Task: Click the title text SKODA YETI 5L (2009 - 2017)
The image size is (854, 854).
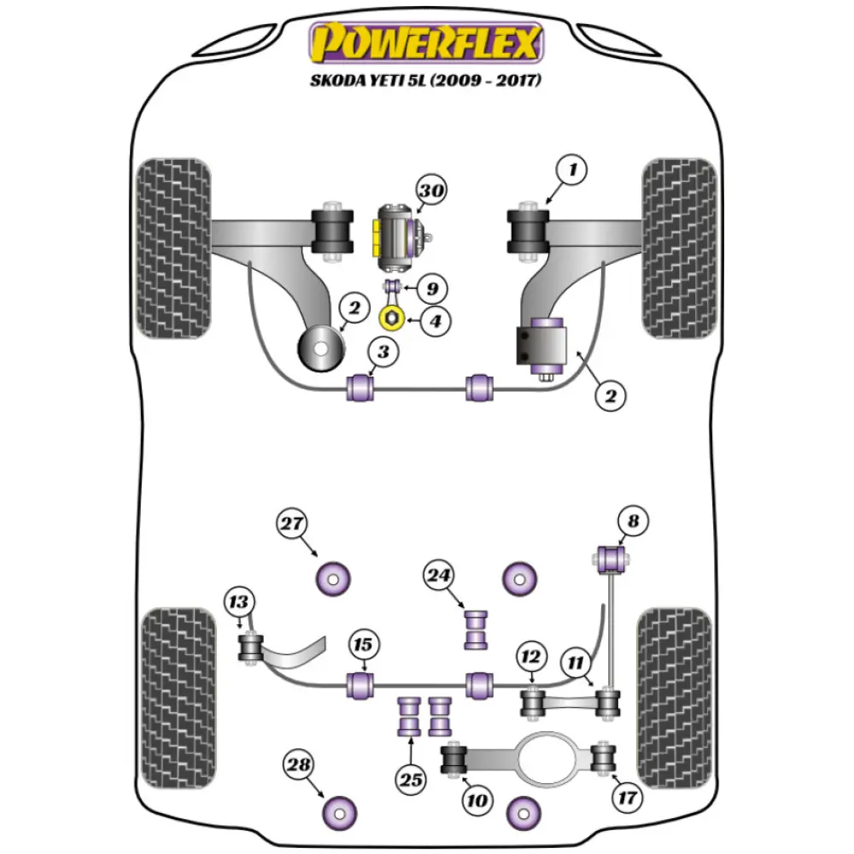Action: (x=427, y=80)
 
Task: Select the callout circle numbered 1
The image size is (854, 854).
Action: (x=572, y=171)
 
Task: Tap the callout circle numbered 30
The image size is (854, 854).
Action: (x=431, y=191)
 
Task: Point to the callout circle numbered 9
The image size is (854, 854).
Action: (x=433, y=288)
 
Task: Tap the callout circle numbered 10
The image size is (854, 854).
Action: (x=477, y=799)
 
